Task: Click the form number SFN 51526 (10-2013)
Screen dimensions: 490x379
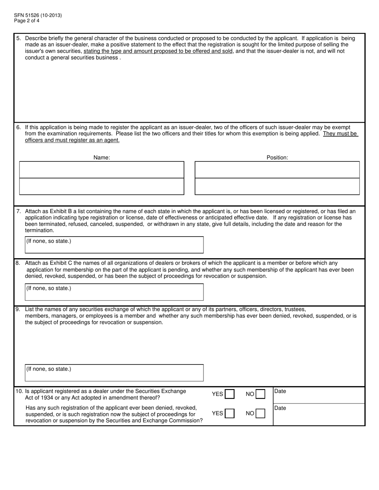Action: tap(38, 16)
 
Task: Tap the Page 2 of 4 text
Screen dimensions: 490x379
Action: tap(27, 21)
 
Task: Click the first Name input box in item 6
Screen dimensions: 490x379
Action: tap(102, 170)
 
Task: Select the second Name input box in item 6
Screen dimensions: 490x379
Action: tap(102, 186)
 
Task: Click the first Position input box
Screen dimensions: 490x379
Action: tap(277, 170)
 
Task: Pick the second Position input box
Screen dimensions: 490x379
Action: tap(277, 186)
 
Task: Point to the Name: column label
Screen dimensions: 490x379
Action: tap(102, 158)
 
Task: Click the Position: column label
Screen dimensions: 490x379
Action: tap(277, 158)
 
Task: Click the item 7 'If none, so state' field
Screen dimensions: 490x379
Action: tap(114, 245)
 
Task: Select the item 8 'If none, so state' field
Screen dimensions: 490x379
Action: tap(114, 292)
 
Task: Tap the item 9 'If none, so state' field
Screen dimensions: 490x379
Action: tap(114, 373)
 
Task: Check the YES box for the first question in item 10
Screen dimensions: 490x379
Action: tap(229, 394)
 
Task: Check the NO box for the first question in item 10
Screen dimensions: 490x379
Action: tap(260, 394)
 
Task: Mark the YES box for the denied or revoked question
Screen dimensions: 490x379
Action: tap(229, 414)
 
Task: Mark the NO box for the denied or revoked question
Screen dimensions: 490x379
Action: tap(260, 414)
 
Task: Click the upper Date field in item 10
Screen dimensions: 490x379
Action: tap(319, 395)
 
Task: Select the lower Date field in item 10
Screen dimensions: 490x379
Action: tap(319, 414)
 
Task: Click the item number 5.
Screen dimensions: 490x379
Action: tap(19, 38)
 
